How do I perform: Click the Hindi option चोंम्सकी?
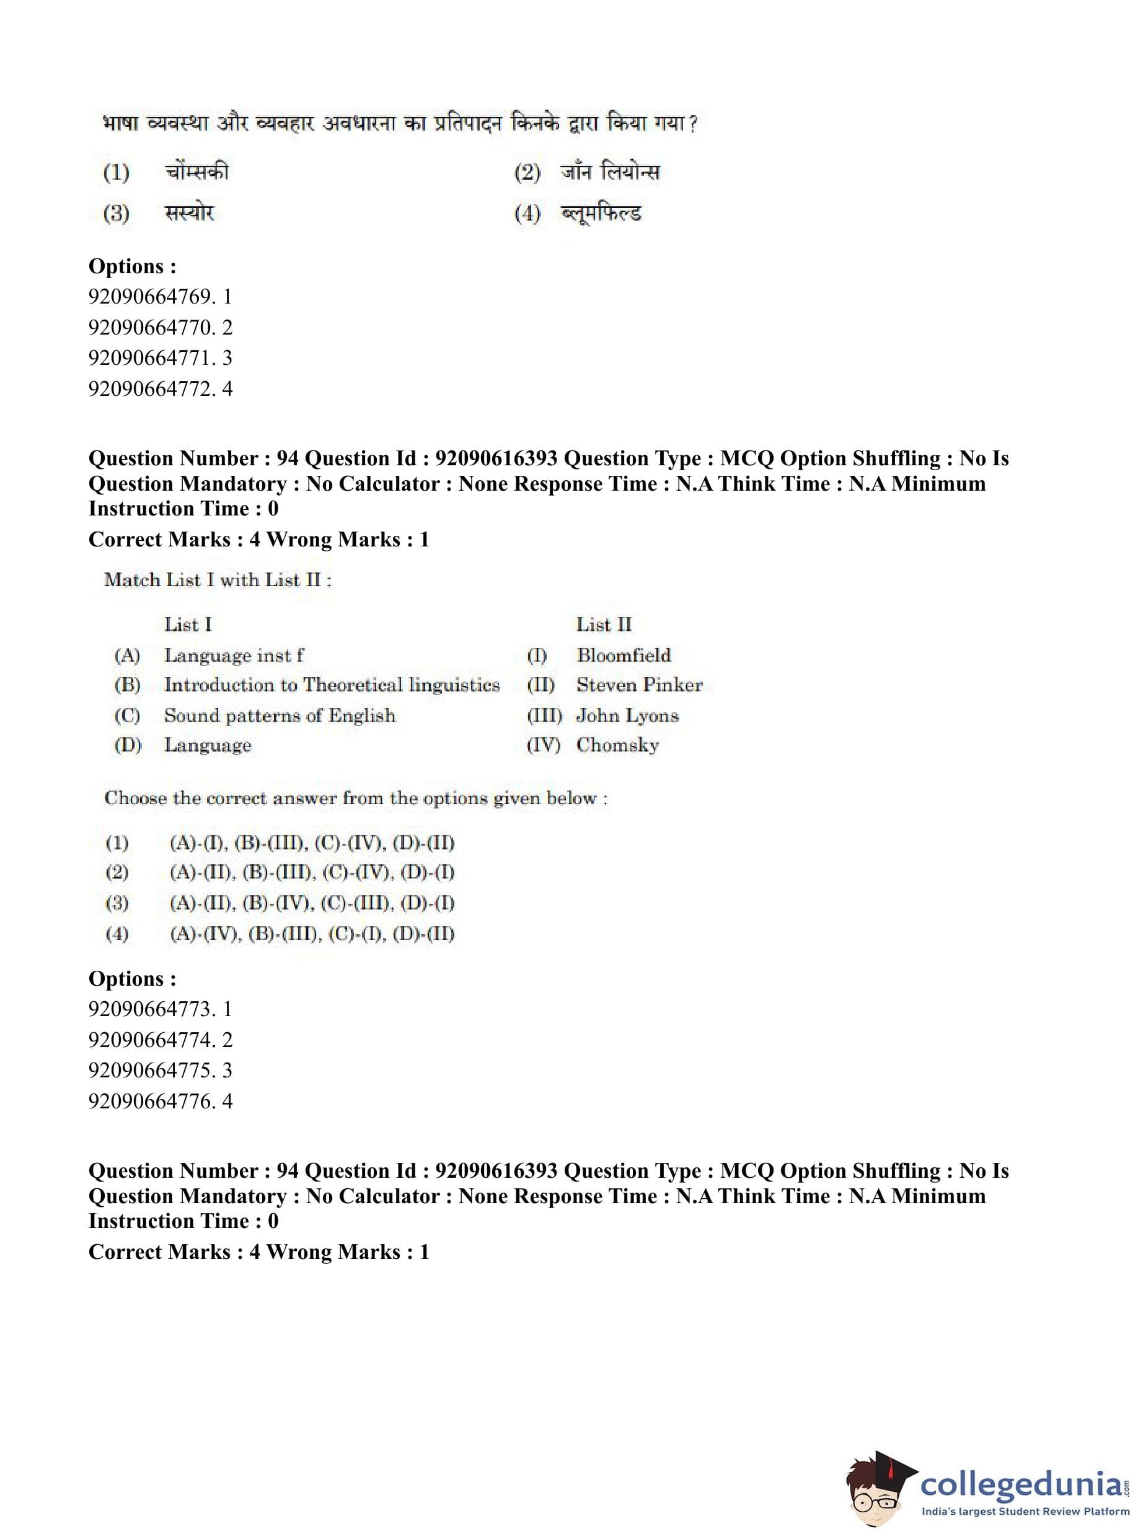196,172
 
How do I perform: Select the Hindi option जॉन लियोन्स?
610,172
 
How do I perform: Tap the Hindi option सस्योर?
190,213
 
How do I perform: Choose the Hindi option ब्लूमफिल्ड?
601,213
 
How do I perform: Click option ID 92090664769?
160,297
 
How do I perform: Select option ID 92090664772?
160,389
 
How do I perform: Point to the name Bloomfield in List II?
624,655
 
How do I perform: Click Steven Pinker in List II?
639,685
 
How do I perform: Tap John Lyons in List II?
627,716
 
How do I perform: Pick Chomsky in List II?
618,745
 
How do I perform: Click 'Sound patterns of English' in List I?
280,716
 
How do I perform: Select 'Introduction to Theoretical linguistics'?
332,685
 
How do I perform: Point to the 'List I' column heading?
188,625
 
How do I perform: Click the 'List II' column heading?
604,625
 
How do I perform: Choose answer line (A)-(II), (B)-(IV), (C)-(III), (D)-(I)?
312,903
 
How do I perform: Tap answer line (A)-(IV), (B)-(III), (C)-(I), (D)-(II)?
312,934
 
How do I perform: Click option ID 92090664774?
160,1040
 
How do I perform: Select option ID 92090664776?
160,1101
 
